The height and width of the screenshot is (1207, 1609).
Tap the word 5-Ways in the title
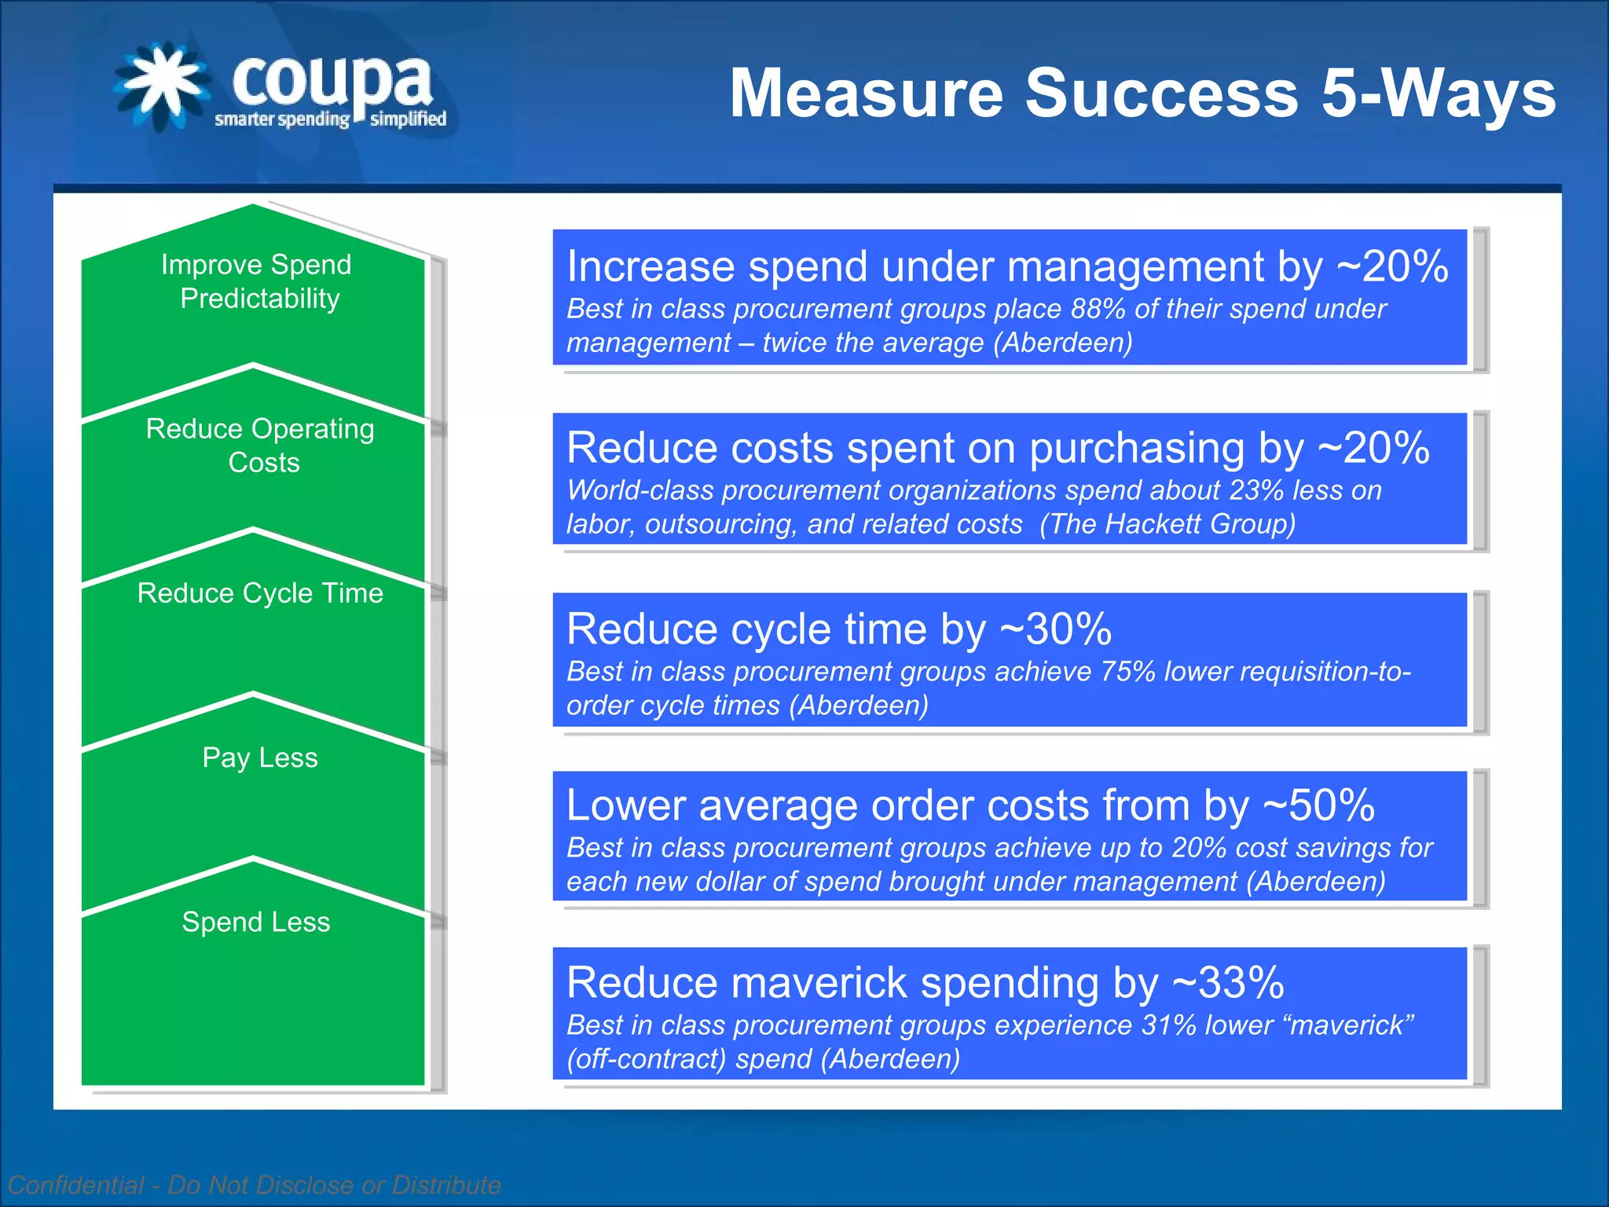click(1438, 93)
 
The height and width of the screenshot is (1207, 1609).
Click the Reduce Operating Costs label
click(261, 445)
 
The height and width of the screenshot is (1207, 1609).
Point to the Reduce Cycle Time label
click(260, 592)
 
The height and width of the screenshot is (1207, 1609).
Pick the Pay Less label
click(260, 757)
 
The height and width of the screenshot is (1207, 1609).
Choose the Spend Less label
click(256, 921)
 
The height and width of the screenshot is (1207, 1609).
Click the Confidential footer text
click(254, 1184)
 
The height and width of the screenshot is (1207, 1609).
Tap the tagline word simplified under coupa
click(408, 119)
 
